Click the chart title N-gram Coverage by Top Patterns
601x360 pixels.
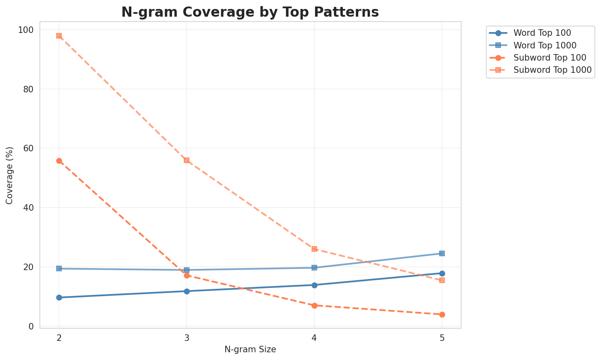(x=250, y=12)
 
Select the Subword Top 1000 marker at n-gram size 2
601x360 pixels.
(x=59, y=36)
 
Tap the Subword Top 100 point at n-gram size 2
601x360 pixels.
(x=59, y=161)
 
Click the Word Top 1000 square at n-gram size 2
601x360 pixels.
(x=59, y=268)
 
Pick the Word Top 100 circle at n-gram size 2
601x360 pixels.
(x=59, y=297)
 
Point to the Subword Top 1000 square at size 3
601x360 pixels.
(x=187, y=160)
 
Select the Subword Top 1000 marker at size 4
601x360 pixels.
(x=314, y=249)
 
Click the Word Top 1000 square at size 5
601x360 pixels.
(x=442, y=253)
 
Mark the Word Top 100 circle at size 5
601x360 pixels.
(x=442, y=273)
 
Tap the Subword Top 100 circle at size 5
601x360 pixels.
(x=442, y=314)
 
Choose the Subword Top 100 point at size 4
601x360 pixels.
(x=314, y=305)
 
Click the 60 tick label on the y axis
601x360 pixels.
(x=30, y=148)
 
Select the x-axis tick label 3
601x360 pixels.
(x=187, y=338)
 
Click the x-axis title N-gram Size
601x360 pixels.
(x=250, y=349)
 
